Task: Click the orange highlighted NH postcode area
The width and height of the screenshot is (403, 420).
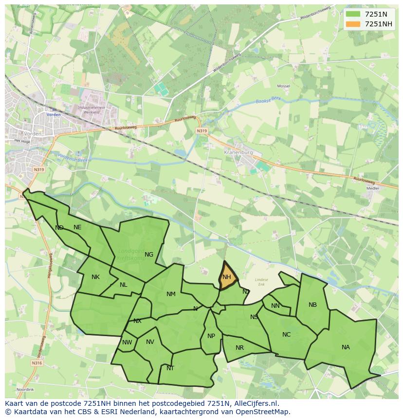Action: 227,277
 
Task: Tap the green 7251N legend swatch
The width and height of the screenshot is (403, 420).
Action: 353,14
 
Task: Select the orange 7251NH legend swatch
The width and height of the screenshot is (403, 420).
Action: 353,24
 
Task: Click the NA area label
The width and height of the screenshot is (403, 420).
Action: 346,347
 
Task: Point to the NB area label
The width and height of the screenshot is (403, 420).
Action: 312,305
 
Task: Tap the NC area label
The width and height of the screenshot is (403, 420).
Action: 286,335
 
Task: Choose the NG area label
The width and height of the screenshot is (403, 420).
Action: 149,254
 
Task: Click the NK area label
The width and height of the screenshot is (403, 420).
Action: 95,277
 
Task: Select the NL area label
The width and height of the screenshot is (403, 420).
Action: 124,285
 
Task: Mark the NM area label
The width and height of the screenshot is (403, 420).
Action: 171,294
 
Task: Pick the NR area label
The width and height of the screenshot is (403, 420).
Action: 239,348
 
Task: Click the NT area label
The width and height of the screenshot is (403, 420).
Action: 170,368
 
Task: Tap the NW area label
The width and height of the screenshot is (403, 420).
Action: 127,342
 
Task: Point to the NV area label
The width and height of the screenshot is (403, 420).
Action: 150,342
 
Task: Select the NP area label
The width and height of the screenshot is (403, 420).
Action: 211,336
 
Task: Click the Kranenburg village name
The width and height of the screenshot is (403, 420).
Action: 239,152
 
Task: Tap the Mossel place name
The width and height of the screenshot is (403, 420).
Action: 283,86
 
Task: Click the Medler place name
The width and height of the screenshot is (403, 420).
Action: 373,188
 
